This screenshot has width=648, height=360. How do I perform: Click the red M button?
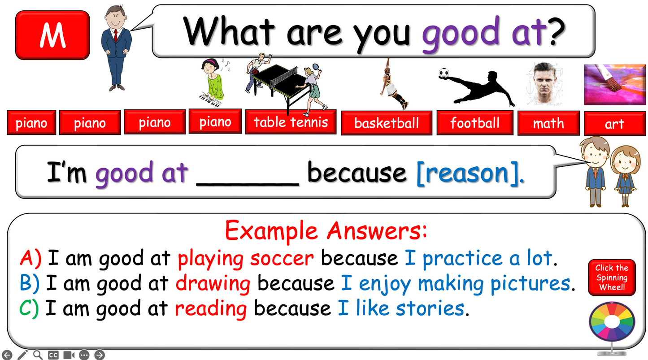tap(52, 35)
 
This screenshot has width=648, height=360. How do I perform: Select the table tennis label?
tap(291, 122)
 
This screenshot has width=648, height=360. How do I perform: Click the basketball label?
tap(387, 123)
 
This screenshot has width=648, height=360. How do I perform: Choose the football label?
tap(475, 122)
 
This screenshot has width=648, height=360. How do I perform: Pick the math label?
tap(548, 123)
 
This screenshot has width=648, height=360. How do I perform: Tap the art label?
tap(614, 124)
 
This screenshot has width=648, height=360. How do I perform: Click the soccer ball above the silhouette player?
tap(444, 73)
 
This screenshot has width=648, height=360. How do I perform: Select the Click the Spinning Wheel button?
tap(612, 278)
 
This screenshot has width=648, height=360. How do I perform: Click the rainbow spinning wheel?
tap(611, 322)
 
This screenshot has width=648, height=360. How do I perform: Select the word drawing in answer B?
tap(213, 284)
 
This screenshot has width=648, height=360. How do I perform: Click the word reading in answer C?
tap(211, 308)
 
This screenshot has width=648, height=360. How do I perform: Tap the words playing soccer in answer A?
tap(246, 259)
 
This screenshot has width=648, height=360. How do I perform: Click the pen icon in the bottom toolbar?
tap(22, 355)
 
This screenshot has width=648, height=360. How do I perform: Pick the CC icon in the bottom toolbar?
tap(53, 355)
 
